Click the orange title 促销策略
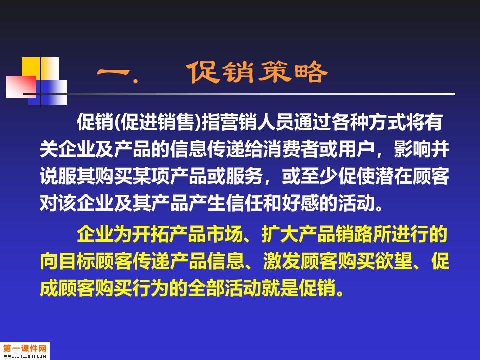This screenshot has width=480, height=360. pos(258,72)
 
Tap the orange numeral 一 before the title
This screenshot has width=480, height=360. pos(114,73)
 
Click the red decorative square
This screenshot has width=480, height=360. pos(21,87)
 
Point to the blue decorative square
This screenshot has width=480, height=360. pos(48,92)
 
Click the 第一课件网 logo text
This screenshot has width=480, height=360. pos(25,348)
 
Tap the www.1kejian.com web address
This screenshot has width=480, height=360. pos(25,356)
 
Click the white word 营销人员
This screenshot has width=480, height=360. pos(257,122)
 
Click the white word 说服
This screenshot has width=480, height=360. pos(58,176)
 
